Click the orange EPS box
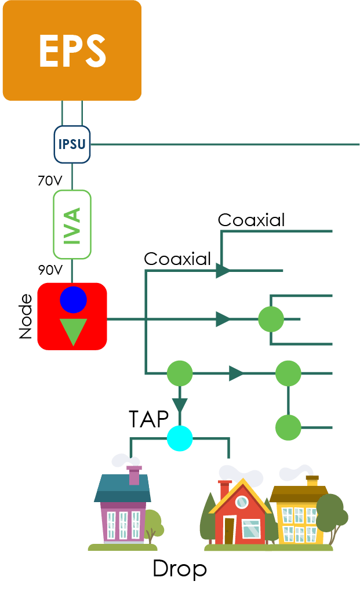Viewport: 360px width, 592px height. pos(72,50)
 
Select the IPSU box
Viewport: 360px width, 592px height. pos(72,144)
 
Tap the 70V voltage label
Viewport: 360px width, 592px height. pos(49,181)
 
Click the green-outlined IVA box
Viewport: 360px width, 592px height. pos(72,224)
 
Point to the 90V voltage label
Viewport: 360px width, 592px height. pos(49,270)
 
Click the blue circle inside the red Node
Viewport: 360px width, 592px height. pos(73,300)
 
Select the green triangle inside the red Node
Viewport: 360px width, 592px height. pos(73,331)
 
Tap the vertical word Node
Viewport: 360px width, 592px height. pos(26,317)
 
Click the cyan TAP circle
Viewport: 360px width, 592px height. pos(180,438)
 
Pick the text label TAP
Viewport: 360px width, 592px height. pos(148,419)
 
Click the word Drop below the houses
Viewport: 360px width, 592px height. pos(179,569)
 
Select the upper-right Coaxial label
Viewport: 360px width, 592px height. pos(251,220)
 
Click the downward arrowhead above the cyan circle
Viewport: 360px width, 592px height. pos(180,406)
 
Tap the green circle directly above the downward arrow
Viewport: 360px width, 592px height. pos(180,373)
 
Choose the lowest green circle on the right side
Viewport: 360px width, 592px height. pos(288,427)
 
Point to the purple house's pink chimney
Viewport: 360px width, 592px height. pos(134,475)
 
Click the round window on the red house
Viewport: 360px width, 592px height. pos(241,502)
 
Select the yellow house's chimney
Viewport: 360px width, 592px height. pos(312,481)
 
